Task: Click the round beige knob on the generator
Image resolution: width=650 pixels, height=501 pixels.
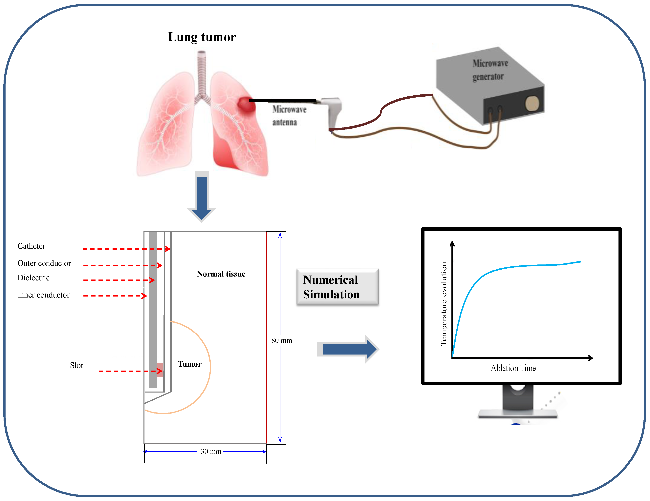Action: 532,104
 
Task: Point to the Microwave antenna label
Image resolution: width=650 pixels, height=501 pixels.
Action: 289,116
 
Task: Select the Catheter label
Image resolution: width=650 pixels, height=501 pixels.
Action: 32,246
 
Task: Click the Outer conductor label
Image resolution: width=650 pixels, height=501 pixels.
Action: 44,263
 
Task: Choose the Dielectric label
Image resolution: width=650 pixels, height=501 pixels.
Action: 34,278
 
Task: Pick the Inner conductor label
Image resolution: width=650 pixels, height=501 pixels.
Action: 43,295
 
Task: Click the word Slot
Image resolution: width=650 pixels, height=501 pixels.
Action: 76,365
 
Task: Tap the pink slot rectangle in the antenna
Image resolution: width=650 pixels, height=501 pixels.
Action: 160,370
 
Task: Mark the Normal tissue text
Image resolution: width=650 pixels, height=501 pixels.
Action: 221,274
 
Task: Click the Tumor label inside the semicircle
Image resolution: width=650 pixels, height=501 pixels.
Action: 190,364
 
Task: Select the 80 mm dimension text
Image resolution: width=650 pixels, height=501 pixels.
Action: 282,340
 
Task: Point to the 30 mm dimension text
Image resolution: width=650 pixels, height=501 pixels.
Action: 211,452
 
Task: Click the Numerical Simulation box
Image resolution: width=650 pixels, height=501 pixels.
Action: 337,287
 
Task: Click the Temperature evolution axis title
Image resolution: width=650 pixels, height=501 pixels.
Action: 444,304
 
